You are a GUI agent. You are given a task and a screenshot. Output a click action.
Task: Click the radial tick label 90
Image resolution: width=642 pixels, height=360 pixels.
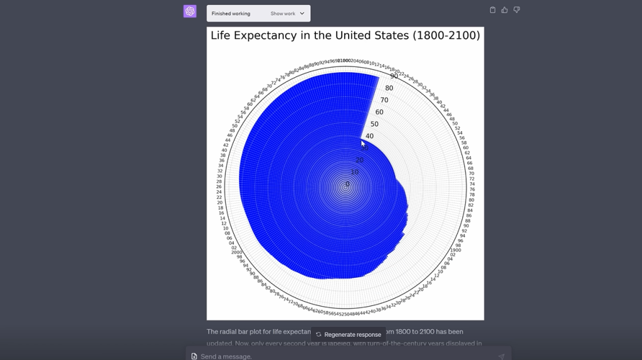(x=394, y=76)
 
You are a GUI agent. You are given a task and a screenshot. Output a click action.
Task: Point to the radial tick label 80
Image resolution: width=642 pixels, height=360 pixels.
(x=389, y=88)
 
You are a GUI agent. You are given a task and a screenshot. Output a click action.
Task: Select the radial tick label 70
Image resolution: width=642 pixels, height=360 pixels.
(x=384, y=100)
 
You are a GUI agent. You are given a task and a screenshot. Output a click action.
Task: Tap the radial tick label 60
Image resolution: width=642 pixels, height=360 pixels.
(x=379, y=112)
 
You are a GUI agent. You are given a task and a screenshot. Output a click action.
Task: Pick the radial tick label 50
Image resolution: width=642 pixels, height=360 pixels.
(x=374, y=124)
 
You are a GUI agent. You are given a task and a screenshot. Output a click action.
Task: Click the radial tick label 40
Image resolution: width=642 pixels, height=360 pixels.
(x=369, y=136)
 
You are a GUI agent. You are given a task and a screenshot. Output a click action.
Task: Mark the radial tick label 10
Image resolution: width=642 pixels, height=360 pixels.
(x=355, y=172)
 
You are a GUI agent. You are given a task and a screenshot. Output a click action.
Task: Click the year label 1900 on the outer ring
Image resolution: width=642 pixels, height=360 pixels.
(x=455, y=250)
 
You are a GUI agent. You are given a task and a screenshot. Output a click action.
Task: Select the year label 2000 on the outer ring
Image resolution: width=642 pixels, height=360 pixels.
(x=236, y=252)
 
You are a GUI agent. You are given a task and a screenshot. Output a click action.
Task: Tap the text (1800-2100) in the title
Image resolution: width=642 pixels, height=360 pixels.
(x=446, y=36)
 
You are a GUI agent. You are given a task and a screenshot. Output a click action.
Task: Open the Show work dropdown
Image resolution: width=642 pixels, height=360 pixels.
(x=288, y=13)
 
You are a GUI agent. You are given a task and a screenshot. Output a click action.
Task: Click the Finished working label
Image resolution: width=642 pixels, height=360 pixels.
(x=231, y=13)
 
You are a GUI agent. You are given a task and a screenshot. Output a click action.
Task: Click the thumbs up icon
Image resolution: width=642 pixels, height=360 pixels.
(x=505, y=10)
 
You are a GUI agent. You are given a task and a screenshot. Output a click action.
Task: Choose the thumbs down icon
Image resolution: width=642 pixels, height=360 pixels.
(x=517, y=10)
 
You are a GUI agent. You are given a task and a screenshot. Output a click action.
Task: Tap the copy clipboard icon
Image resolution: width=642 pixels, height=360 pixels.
(x=492, y=10)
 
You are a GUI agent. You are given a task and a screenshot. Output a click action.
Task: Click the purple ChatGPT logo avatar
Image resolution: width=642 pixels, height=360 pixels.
(x=190, y=11)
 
